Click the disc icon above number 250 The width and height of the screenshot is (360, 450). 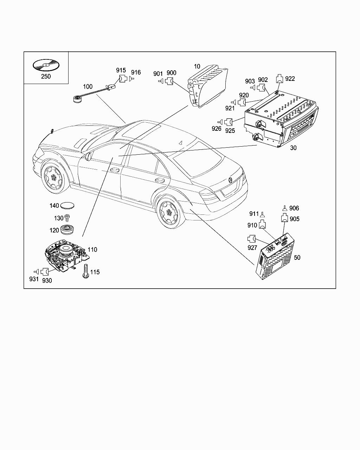(x=46, y=65)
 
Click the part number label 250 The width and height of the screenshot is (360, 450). (x=46, y=76)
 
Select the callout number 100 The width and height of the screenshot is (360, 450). (x=88, y=86)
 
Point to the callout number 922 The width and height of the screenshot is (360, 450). (x=290, y=79)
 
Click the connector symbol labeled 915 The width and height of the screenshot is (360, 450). (x=123, y=79)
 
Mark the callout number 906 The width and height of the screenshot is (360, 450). (x=294, y=208)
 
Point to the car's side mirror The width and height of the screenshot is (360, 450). (x=88, y=156)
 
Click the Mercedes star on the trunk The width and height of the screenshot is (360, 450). (x=230, y=180)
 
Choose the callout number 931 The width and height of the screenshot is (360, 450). (x=34, y=279)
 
